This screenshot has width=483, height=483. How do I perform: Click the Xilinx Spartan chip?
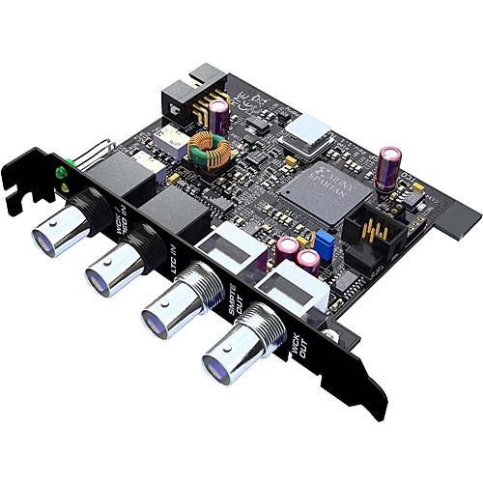click(318, 188)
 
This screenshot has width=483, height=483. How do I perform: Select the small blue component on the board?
click(326, 237)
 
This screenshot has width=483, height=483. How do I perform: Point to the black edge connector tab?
click(458, 216)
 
